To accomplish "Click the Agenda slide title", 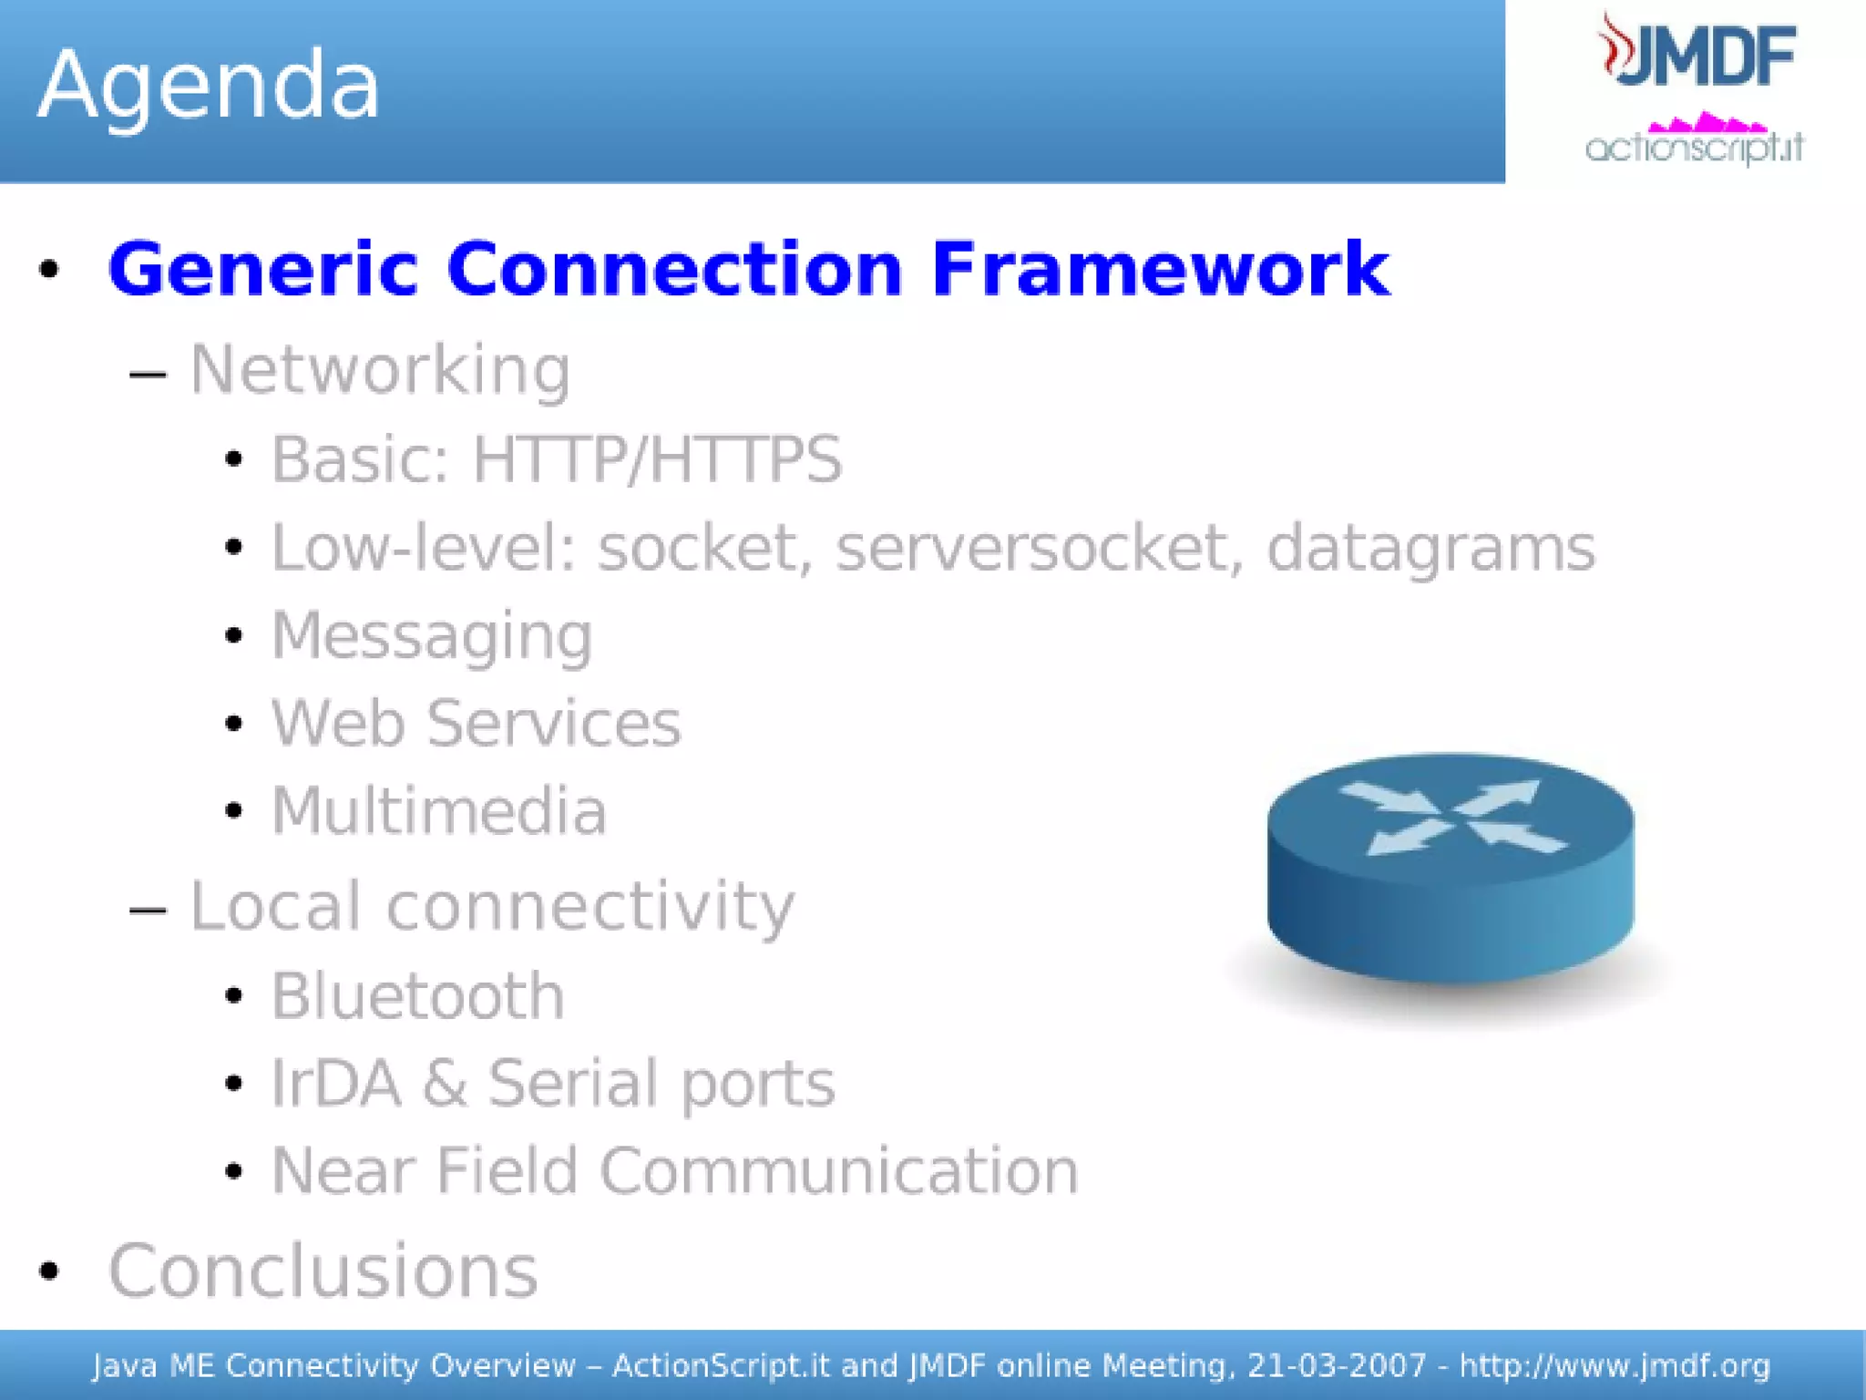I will (208, 86).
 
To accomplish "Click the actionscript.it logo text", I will (1694, 147).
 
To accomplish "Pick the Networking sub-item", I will (380, 370).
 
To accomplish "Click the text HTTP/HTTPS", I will (656, 458).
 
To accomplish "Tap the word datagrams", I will (1430, 550).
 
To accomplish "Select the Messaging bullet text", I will (432, 636).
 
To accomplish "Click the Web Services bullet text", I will (476, 724).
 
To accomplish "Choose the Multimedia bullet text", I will (438, 811).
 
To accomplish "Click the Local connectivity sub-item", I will (491, 907).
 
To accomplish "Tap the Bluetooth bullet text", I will (417, 995).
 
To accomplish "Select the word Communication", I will (838, 1170).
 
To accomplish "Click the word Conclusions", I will (323, 1271).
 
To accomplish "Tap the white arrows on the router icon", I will (1451, 817).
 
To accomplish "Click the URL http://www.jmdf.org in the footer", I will (1614, 1365).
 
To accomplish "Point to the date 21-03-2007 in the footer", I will (1336, 1365).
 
